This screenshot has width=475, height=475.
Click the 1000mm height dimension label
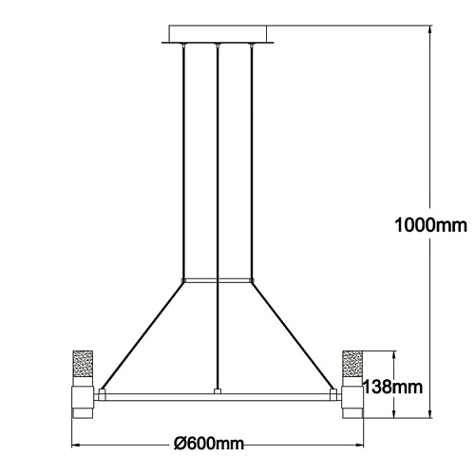(430, 225)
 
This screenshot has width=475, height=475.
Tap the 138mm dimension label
(392, 387)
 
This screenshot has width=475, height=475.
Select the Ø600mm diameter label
(209, 444)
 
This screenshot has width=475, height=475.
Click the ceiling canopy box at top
(218, 34)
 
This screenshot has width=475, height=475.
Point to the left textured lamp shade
(83, 364)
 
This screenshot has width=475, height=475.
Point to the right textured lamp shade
(352, 364)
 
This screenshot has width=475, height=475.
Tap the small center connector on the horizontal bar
(218, 391)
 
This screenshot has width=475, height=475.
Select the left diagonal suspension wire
(142, 336)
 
